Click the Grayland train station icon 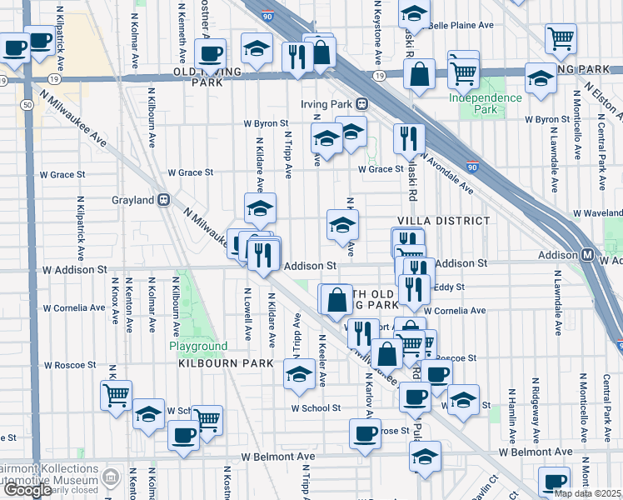click(165, 200)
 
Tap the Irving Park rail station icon click(362, 104)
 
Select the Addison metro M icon click(587, 254)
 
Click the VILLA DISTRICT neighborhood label click(443, 221)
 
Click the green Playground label click(198, 346)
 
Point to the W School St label click(316, 407)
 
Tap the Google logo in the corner click(28, 490)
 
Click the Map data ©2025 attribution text click(587, 493)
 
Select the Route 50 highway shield click(27, 103)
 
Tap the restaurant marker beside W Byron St click(408, 139)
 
